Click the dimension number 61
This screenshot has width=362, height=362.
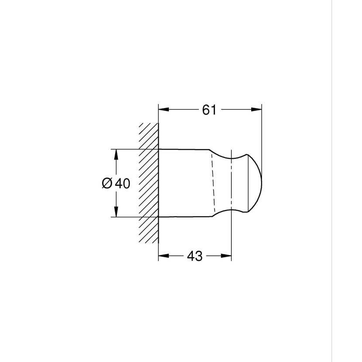coord(209,110)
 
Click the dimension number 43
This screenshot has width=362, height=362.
coord(195,256)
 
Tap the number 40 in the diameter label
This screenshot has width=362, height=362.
coord(123,184)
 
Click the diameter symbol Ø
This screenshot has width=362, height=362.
coord(107,184)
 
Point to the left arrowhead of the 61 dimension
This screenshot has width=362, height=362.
coord(164,109)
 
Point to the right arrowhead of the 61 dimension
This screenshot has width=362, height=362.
coord(256,109)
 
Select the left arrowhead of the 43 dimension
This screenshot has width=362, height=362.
coord(164,256)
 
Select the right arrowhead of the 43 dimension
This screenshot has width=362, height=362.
coord(226,256)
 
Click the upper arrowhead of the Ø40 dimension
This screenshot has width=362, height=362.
coord(116,154)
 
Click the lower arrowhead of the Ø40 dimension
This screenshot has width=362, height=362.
coord(116,212)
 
